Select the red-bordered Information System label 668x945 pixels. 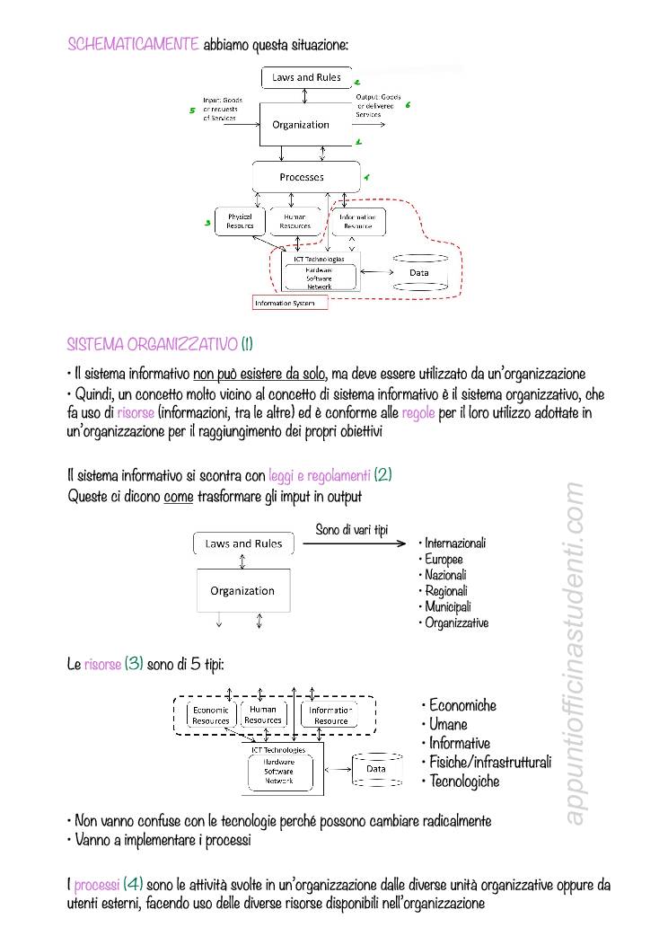tap(290, 304)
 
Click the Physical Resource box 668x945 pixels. tap(240, 221)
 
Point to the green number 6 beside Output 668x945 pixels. tap(408, 104)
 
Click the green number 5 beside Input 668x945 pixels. tap(192, 111)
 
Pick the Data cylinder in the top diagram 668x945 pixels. tap(419, 272)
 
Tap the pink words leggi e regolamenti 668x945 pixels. tap(319, 476)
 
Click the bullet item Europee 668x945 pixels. tap(444, 559)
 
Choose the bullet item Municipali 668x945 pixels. tap(447, 606)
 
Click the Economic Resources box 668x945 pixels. tap(211, 715)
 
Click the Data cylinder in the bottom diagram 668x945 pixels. tap(376, 769)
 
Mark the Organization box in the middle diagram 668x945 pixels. tap(242, 591)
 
